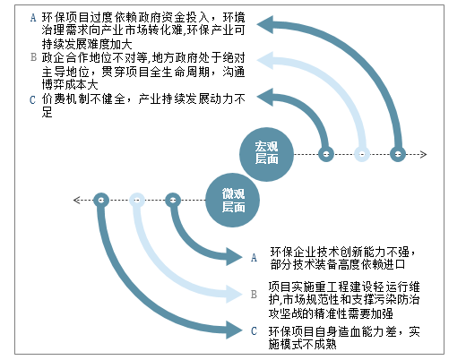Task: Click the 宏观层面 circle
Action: (266, 154)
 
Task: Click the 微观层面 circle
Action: (232, 200)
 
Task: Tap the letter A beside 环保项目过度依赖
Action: (33, 18)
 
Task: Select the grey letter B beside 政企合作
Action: (33, 57)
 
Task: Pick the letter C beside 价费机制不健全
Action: (32, 99)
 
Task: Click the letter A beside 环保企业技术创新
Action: (254, 257)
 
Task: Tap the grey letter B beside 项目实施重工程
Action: (254, 295)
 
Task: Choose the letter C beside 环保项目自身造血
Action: (254, 330)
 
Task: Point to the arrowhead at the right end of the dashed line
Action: (424, 154)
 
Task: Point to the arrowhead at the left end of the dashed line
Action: (77, 200)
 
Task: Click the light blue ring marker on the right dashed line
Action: (362, 154)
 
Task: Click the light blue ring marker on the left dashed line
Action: (137, 200)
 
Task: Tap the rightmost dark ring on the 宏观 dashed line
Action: (398, 154)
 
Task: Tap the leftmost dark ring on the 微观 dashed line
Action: (101, 200)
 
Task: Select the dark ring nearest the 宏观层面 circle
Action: (326, 154)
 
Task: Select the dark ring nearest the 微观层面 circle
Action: (173, 200)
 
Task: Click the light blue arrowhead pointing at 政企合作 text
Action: (265, 60)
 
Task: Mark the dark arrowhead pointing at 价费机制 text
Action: (265, 97)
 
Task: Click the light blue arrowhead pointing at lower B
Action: (234, 294)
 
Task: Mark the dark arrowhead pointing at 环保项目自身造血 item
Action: (234, 330)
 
